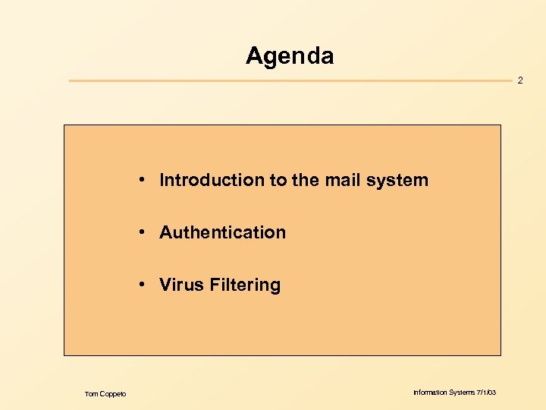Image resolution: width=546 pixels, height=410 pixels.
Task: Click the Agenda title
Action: pyautogui.click(x=289, y=56)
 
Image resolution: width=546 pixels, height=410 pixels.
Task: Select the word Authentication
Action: pyautogui.click(x=222, y=232)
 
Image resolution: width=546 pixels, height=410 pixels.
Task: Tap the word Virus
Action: pyautogui.click(x=178, y=285)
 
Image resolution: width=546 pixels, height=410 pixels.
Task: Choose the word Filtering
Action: pyautogui.click(x=241, y=285)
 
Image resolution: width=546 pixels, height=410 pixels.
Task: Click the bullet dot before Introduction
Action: pyautogui.click(x=142, y=181)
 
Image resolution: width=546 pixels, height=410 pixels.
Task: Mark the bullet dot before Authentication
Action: pyautogui.click(x=142, y=233)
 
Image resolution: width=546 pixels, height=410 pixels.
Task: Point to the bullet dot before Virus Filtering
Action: pyautogui.click(x=142, y=285)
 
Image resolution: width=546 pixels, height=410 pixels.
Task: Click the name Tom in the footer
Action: pyautogui.click(x=91, y=393)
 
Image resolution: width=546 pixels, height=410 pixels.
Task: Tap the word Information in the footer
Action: pyautogui.click(x=430, y=393)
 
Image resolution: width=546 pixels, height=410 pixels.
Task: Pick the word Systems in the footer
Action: pyautogui.click(x=463, y=393)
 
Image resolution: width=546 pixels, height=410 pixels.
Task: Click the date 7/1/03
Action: pyautogui.click(x=487, y=393)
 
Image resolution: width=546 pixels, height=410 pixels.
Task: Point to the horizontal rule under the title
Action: pyautogui.click(x=288, y=80)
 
